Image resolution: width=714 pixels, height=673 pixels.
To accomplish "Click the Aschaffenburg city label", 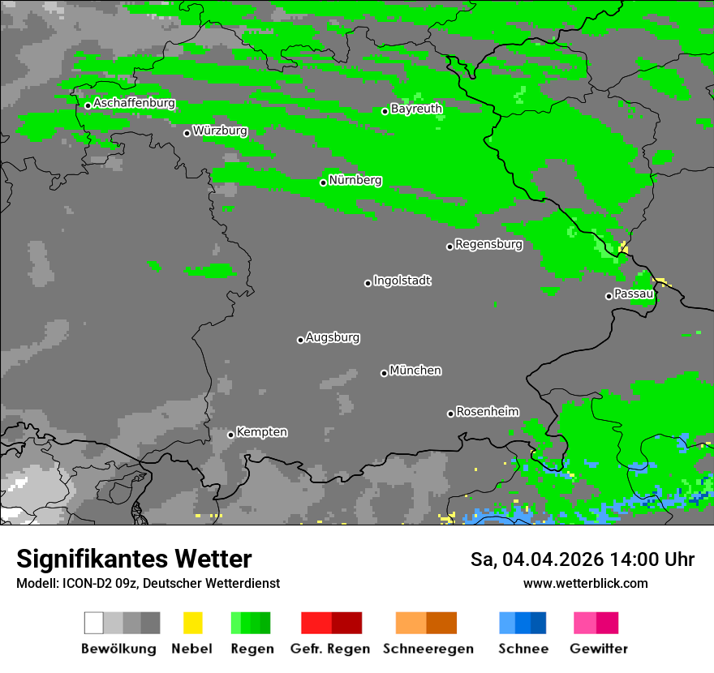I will (x=134, y=104).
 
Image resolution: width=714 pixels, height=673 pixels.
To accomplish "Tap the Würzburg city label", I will (x=220, y=131).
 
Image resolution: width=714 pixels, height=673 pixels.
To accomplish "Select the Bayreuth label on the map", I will (x=416, y=109).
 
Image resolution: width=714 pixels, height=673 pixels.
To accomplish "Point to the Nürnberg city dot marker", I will (x=323, y=182).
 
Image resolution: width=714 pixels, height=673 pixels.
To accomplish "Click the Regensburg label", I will (x=488, y=244).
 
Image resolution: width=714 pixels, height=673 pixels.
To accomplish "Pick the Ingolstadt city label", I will (x=402, y=281).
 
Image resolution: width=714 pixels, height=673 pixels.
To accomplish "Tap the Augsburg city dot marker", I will (x=300, y=340).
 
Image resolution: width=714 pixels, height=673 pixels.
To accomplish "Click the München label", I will (x=415, y=371).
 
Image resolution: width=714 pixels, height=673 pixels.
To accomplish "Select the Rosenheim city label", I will (x=487, y=412).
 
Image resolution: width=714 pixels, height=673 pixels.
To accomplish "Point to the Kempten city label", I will (x=261, y=432).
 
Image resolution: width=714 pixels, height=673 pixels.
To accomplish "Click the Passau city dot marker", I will (x=609, y=296).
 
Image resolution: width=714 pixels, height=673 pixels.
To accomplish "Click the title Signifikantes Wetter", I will (x=134, y=559).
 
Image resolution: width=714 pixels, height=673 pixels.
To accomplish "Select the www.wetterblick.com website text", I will (x=585, y=583).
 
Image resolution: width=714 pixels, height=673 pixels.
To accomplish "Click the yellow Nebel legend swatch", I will (x=192, y=623).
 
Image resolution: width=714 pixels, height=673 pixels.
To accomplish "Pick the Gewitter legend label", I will (x=598, y=649).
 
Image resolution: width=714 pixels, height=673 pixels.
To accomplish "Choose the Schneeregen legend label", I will (x=428, y=649).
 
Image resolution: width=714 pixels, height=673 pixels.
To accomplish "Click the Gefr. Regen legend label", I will (x=330, y=649).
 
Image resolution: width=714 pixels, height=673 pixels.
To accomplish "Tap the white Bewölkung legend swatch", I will (x=94, y=623).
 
